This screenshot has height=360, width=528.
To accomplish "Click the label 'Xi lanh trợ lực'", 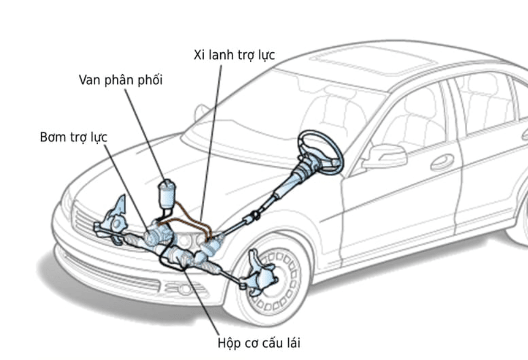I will (234, 55).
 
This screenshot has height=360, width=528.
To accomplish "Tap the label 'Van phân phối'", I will (121, 80).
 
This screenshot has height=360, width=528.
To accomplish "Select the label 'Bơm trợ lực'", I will (74, 137).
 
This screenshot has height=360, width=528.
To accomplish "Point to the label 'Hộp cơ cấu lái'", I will (258, 343).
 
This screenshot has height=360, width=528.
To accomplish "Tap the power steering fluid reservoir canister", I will (168, 195).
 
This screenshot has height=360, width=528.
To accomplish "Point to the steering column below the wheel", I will (294, 180).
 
